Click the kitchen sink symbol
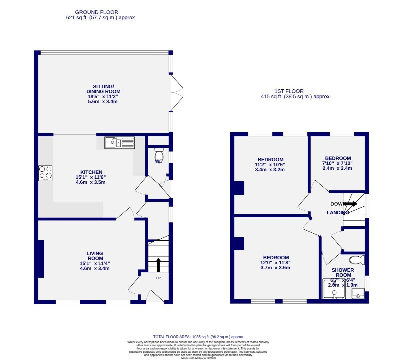(120, 143)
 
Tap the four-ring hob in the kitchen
(45, 173)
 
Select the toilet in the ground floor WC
(159, 155)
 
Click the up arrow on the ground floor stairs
(158, 264)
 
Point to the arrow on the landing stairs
(350, 204)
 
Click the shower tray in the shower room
(335, 289)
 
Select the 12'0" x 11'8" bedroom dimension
(276, 263)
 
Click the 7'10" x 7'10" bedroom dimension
(337, 163)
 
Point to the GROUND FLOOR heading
(97, 12)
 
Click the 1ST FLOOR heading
(289, 91)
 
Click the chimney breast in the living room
(41, 259)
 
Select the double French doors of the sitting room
(177, 92)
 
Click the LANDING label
(337, 213)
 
